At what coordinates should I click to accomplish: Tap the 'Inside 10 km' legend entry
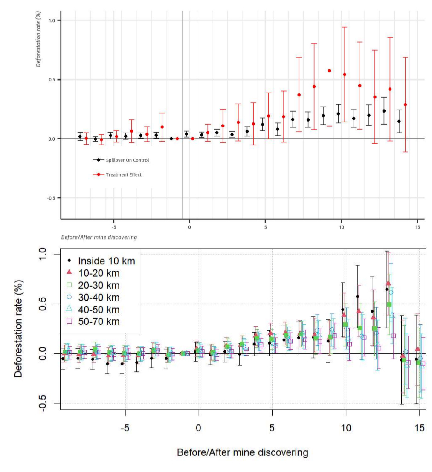107,261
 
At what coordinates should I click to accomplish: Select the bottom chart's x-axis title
242,452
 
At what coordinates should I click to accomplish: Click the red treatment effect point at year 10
344,75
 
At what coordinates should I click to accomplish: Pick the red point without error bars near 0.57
329,71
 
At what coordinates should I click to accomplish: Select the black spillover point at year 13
384,111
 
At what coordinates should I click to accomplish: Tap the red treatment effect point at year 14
405,104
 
